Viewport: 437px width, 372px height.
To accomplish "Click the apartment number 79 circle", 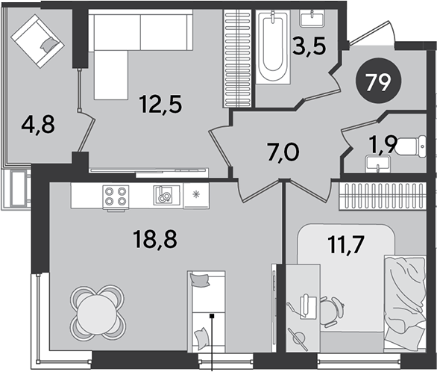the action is click(x=379, y=81).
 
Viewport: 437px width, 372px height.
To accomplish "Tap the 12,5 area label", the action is click(x=161, y=104).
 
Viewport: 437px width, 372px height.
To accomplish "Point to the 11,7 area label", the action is click(x=347, y=244).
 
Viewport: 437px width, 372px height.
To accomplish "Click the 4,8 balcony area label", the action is click(x=38, y=125).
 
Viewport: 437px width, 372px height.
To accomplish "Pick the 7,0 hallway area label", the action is click(x=283, y=152).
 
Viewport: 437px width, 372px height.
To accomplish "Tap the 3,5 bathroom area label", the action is click(x=309, y=46).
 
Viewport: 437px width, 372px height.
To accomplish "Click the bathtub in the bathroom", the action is click(x=273, y=46).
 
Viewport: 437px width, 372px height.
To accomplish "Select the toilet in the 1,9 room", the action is click(x=412, y=146).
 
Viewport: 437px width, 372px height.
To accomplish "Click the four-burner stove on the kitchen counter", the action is click(x=116, y=197).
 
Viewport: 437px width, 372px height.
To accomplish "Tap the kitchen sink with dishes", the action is click(x=163, y=195).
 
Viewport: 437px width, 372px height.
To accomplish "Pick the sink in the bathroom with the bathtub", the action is click(x=312, y=18).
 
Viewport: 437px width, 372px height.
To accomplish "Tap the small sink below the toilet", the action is click(x=377, y=164).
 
